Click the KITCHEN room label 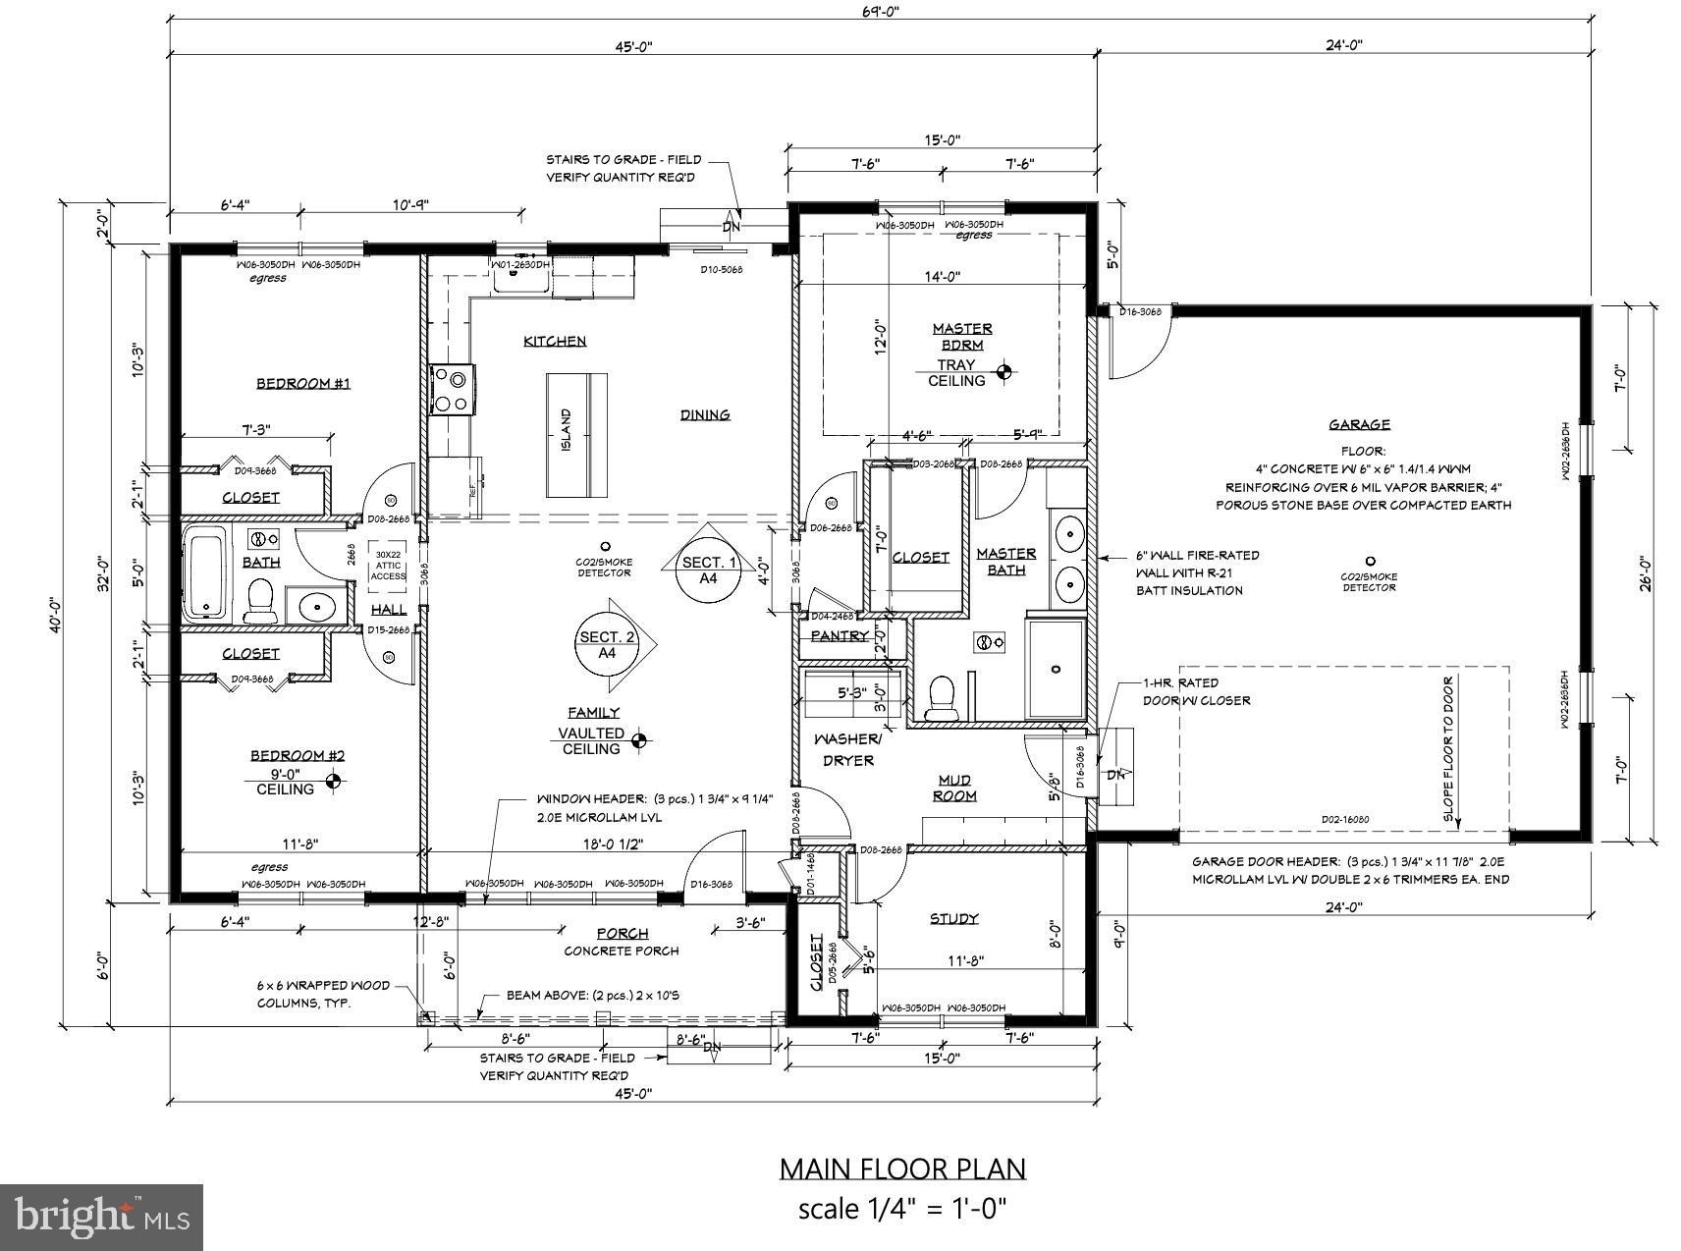555,341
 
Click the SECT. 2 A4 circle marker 606,644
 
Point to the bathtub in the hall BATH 206,574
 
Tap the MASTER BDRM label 961,336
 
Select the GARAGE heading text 1359,424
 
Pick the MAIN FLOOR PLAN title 902,1169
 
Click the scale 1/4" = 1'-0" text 902,1209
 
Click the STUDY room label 953,918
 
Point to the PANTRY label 840,635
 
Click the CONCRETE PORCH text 621,951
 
